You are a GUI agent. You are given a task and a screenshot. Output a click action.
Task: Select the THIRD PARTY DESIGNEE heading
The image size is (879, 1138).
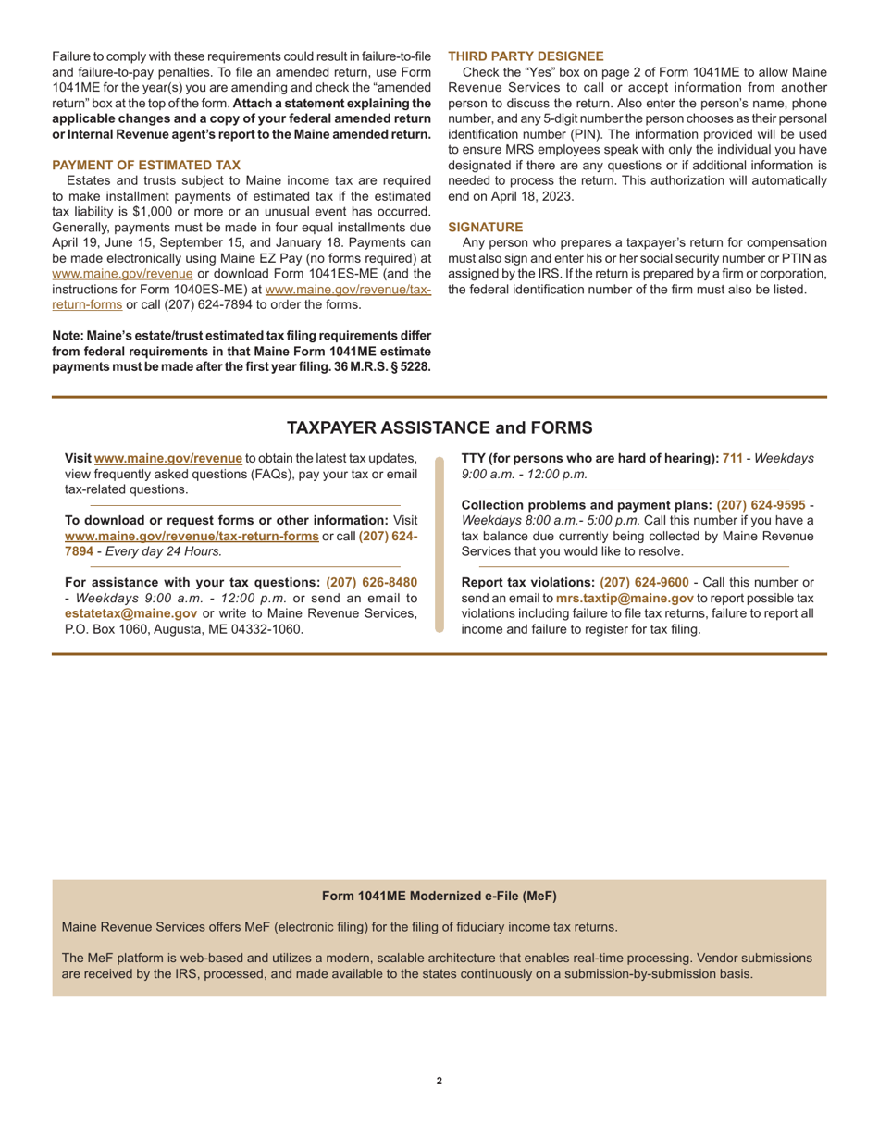(526, 56)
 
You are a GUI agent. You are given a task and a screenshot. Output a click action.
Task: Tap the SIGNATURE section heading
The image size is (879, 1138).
(485, 227)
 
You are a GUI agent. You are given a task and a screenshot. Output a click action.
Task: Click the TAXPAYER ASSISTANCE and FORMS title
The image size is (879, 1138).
(439, 427)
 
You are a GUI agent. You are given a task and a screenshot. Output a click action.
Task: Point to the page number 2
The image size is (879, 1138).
(439, 1081)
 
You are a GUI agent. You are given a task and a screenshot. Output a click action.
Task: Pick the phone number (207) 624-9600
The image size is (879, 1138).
(644, 582)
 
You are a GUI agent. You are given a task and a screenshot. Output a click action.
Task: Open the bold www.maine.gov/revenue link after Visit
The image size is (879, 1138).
(168, 458)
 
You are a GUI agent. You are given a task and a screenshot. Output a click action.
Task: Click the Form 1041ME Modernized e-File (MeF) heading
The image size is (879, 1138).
(439, 896)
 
